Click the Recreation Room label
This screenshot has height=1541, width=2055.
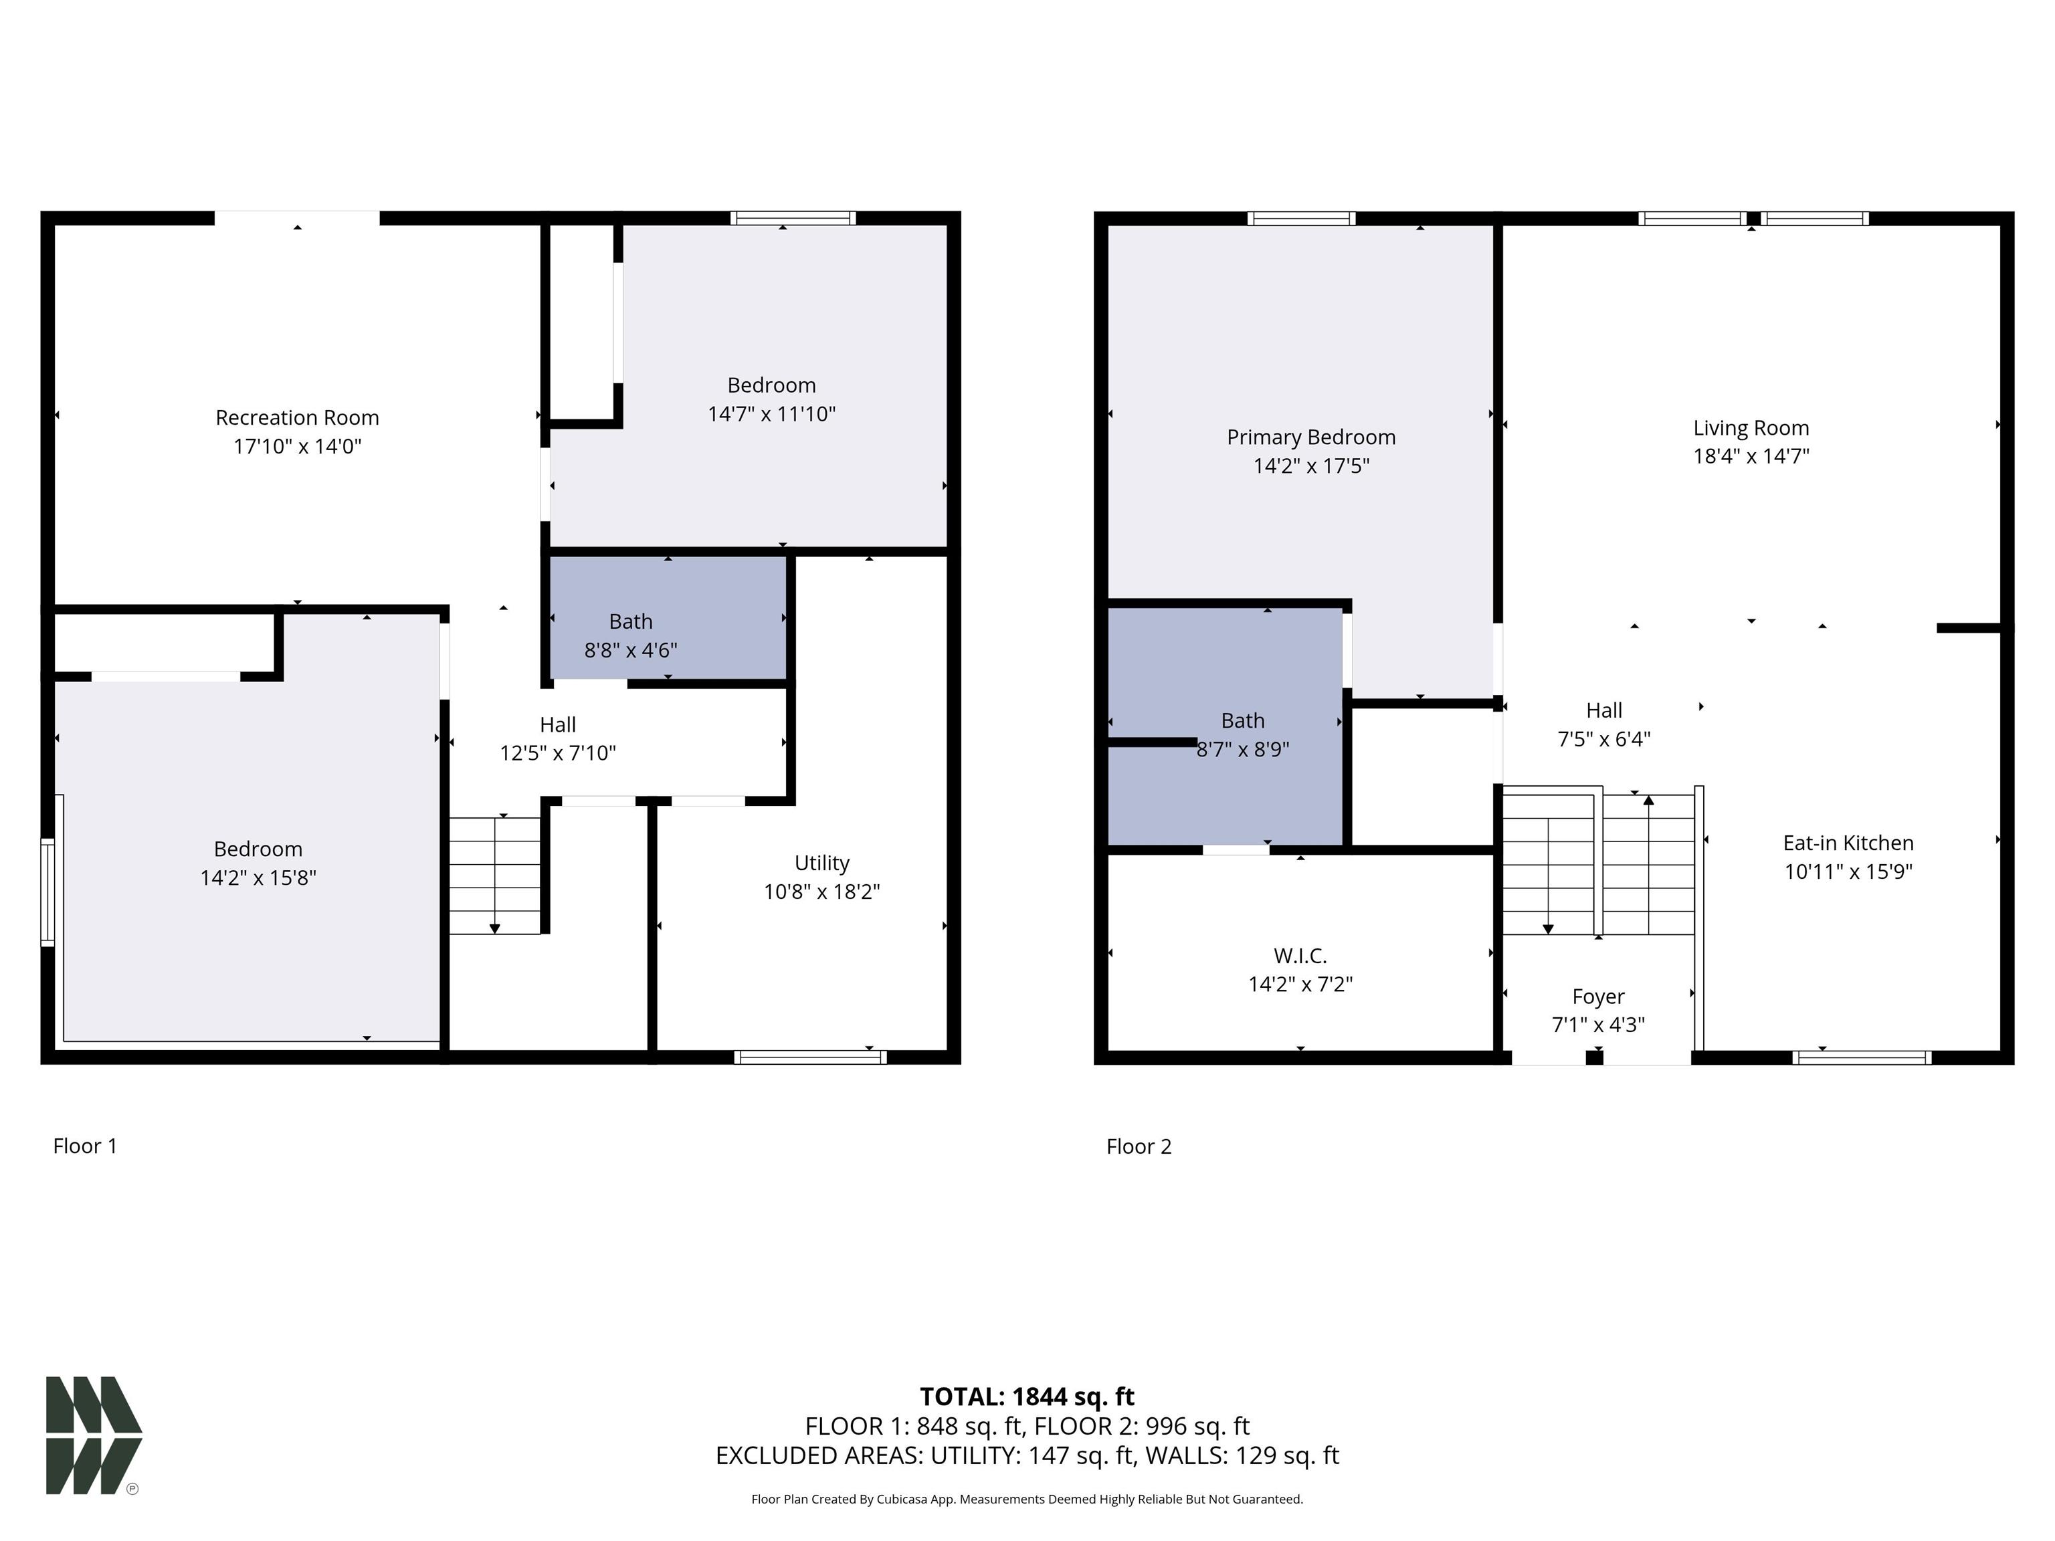(297, 418)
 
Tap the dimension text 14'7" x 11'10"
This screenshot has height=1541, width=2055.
(771, 414)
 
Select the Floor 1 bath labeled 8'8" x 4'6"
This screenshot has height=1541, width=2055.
(631, 635)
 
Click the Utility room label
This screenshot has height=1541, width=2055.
(821, 863)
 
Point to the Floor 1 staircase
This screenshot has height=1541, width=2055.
(494, 875)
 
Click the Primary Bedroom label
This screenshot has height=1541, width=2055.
(1311, 437)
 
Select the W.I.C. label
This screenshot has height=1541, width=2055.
(1300, 956)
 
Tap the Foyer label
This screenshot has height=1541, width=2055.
(1598, 997)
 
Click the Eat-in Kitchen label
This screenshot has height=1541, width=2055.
(1848, 843)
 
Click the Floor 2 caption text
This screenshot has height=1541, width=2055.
(1139, 1146)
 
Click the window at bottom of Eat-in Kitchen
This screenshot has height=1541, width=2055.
(1861, 1057)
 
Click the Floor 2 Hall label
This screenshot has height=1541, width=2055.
(1603, 710)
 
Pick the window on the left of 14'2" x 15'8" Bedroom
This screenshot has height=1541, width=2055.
(47, 892)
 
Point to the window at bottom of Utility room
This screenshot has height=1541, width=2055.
(809, 1057)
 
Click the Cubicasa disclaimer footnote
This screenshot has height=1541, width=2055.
(1027, 1500)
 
